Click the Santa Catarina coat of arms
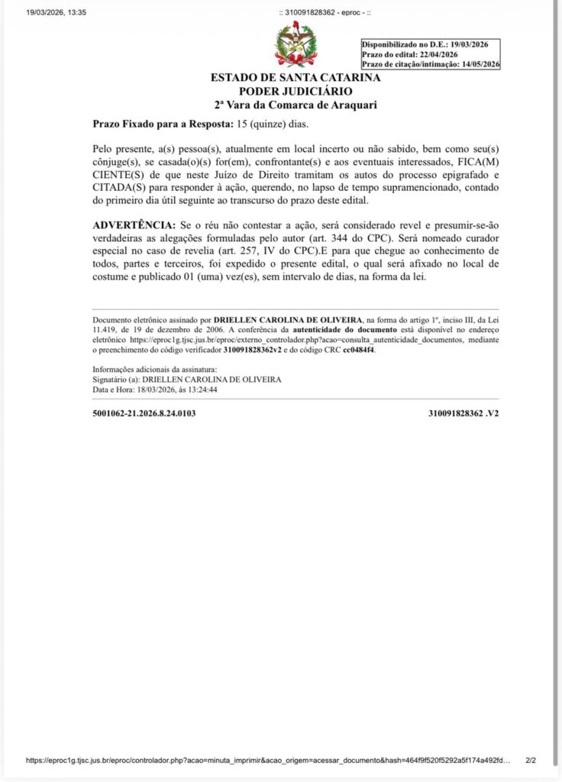point(295,45)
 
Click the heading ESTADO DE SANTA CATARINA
point(296,79)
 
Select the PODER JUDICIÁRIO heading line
point(296,92)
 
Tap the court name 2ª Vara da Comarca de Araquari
point(296,105)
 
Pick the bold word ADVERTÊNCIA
point(134,227)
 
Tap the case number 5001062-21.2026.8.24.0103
point(144,413)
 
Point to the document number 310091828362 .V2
point(463,413)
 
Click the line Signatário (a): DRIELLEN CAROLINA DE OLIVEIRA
point(186,380)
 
